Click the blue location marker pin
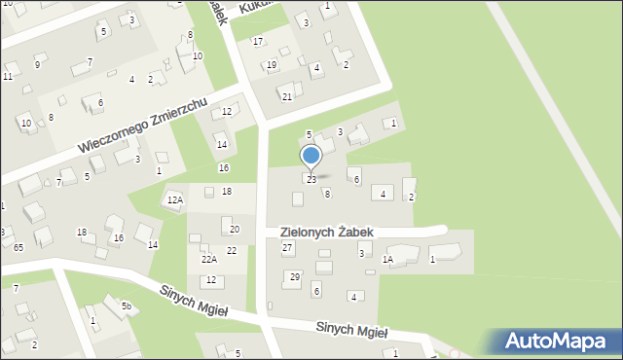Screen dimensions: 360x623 (311, 157)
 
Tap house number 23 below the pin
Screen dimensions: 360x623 (311, 180)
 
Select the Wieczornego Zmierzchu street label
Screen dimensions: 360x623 (143, 126)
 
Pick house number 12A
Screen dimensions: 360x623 (175, 200)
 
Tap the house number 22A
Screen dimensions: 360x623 (209, 260)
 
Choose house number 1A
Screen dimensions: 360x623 (387, 260)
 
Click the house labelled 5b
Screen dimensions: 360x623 (127, 306)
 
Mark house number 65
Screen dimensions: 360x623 (18, 248)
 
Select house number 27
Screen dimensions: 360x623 (287, 248)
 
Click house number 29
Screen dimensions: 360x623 (294, 277)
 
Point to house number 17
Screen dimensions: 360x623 (258, 41)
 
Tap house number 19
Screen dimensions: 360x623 (272, 65)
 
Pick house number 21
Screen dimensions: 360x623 (287, 96)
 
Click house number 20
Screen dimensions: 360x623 (235, 229)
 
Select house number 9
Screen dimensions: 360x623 (37, 65)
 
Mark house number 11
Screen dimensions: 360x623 (8, 76)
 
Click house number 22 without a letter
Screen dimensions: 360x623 (232, 251)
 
